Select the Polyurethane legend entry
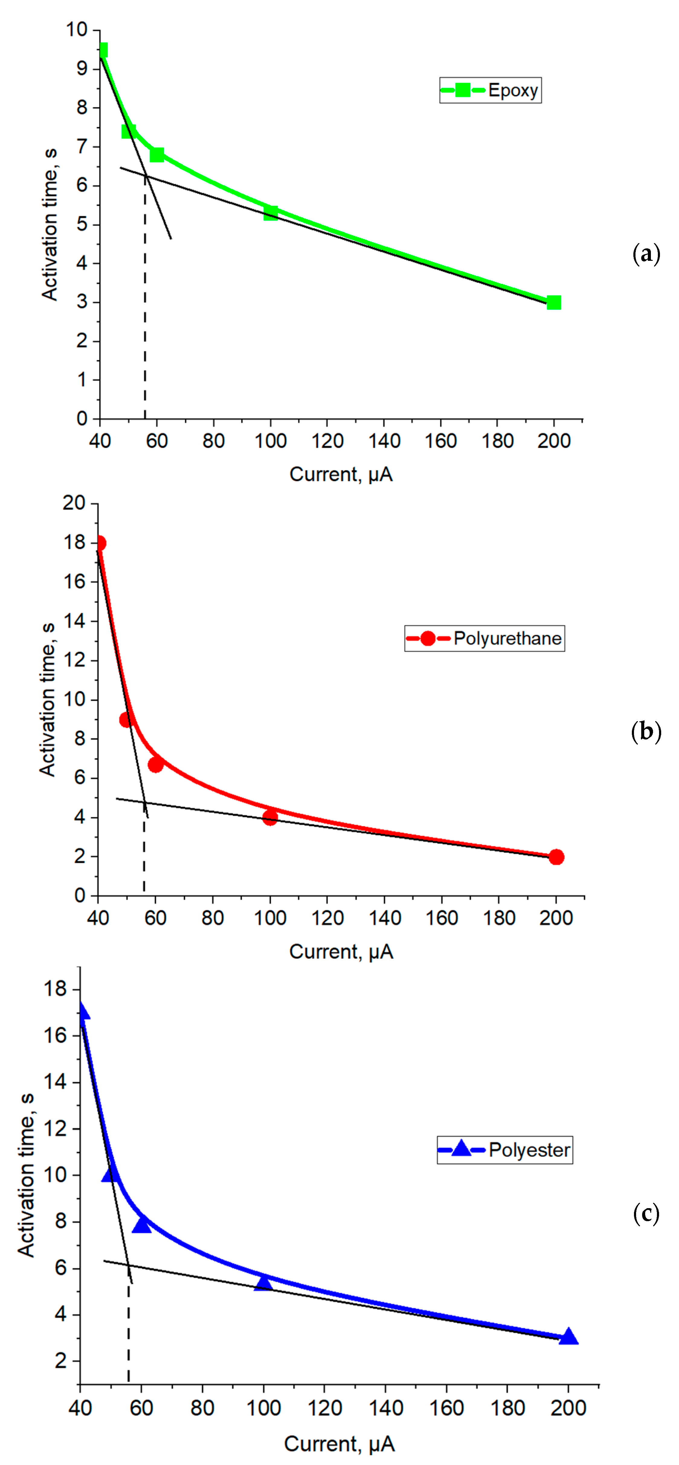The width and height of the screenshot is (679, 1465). click(484, 638)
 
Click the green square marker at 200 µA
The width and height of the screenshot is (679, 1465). click(553, 302)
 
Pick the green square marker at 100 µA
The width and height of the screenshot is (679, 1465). click(270, 213)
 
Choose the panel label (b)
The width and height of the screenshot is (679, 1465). click(646, 731)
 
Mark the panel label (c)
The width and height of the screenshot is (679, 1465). click(646, 1214)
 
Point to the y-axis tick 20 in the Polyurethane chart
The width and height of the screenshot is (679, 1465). click(74, 503)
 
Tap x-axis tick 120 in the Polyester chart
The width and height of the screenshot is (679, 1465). click(325, 1408)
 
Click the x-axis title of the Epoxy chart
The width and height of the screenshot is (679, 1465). click(341, 474)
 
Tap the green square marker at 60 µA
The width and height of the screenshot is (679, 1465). click(157, 155)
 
